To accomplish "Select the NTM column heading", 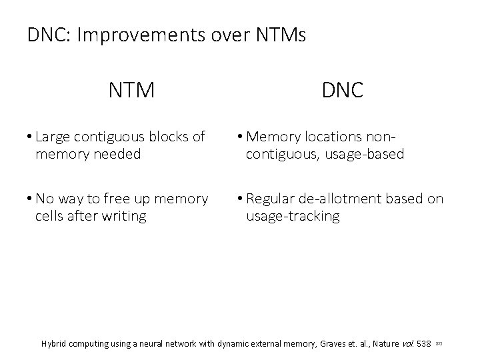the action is [x=131, y=89].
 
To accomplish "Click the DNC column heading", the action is [x=343, y=89].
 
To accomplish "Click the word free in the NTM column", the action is [x=129, y=199].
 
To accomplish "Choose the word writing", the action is [x=123, y=216].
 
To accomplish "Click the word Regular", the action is [x=270, y=199].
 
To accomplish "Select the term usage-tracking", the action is [x=293, y=216].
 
